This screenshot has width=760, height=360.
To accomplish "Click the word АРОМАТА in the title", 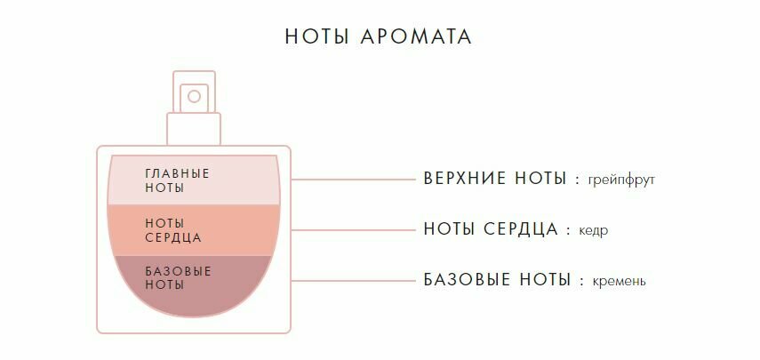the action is point(417,37).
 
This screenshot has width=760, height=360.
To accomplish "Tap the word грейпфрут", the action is point(621,180).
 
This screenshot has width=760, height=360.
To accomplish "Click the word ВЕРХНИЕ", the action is point(465,179).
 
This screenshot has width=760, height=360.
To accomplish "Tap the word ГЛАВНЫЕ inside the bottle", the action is point(178,172).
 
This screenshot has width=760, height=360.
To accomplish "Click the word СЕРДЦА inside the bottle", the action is point(173,238).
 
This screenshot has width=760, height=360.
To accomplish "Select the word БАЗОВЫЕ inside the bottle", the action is point(178,271).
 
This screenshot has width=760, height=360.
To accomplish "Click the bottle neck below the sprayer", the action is point(194,129).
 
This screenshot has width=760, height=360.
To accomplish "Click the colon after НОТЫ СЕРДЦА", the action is point(568,230).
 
